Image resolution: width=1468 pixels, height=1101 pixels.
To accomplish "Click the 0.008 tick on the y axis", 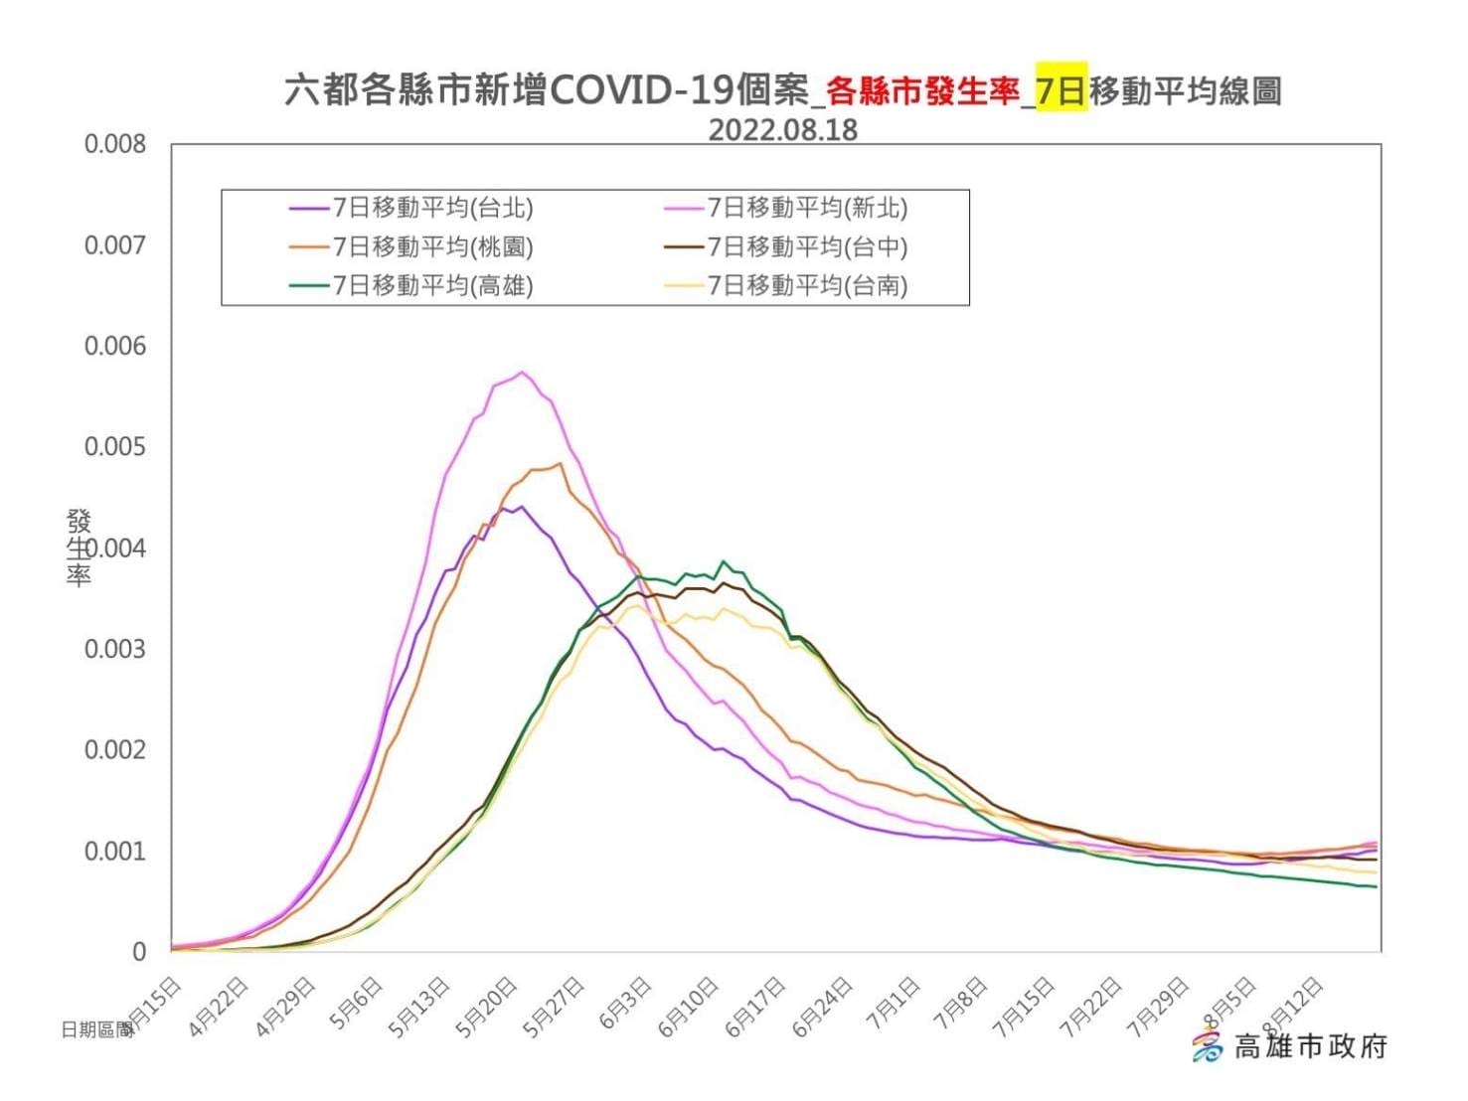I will (x=114, y=144).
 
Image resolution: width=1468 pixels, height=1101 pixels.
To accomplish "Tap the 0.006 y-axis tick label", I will (x=114, y=346).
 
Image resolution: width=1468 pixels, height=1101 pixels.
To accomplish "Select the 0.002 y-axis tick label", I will (x=114, y=749).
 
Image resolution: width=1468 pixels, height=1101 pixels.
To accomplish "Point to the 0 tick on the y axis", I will (x=138, y=952).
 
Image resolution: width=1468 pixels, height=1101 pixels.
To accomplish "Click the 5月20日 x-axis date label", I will (x=487, y=1008).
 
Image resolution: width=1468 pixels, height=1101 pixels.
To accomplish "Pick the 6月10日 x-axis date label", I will (x=689, y=1008).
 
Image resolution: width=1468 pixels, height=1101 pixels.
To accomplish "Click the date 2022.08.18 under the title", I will (x=782, y=130).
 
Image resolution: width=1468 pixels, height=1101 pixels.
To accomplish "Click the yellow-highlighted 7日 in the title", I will (x=1060, y=90).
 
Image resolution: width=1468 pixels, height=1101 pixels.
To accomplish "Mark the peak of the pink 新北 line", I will (x=523, y=373).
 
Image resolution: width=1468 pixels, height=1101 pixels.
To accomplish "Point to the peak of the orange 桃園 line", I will (x=561, y=463).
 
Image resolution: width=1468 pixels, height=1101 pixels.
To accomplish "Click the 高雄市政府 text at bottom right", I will (x=1309, y=1046).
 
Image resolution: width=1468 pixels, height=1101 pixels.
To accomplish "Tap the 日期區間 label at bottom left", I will (x=96, y=1029).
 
